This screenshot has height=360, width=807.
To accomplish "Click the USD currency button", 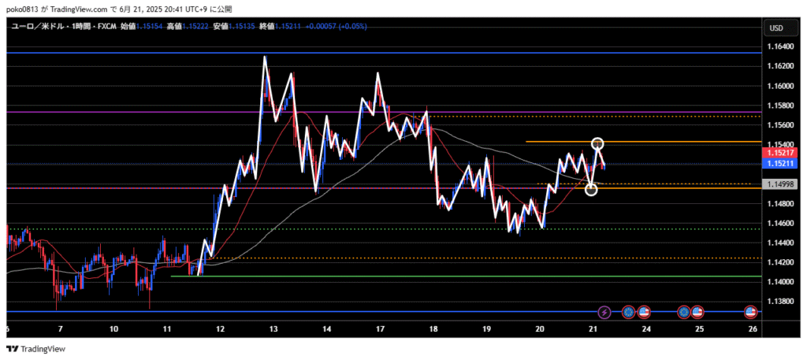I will coord(775,28).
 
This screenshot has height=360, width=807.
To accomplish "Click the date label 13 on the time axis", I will coord(273,329).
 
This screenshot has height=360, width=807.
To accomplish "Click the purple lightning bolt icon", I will coord(604,312).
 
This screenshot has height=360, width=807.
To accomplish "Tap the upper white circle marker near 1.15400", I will coord(597,143).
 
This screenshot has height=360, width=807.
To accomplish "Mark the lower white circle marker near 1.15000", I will coord(592,189).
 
